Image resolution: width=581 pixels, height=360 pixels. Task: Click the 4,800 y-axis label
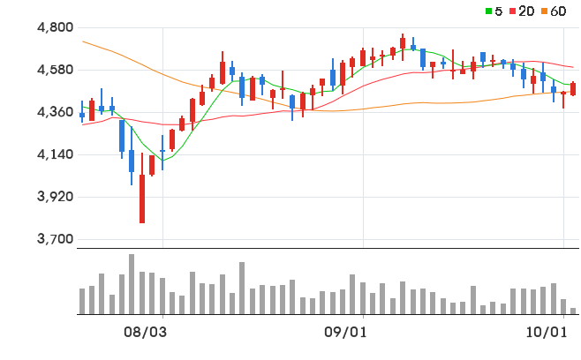click(56, 27)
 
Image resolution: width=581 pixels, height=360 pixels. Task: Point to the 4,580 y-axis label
click(56, 70)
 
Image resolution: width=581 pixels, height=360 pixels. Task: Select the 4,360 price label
click(56, 112)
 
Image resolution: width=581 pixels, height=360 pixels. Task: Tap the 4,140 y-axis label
click(56, 154)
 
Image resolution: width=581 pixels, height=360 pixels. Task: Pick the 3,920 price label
click(56, 196)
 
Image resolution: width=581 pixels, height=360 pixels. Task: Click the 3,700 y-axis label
click(56, 239)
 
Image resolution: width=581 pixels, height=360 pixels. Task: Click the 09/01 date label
click(345, 333)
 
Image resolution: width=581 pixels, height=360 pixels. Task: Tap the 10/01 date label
click(547, 333)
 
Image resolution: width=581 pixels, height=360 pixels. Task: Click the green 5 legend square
click(489, 11)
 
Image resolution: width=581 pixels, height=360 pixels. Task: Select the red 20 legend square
click(513, 11)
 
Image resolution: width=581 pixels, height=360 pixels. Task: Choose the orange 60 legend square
click(544, 11)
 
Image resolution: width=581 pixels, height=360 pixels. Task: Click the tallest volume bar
click(132, 284)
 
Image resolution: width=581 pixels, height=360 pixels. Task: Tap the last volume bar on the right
click(573, 311)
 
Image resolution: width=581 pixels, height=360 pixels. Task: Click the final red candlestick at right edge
click(573, 89)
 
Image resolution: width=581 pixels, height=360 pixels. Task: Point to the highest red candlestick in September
click(403, 47)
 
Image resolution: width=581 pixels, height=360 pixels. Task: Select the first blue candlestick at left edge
click(82, 111)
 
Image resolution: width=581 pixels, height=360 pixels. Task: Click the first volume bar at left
click(82, 302)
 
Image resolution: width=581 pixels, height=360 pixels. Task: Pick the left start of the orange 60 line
click(82, 41)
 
